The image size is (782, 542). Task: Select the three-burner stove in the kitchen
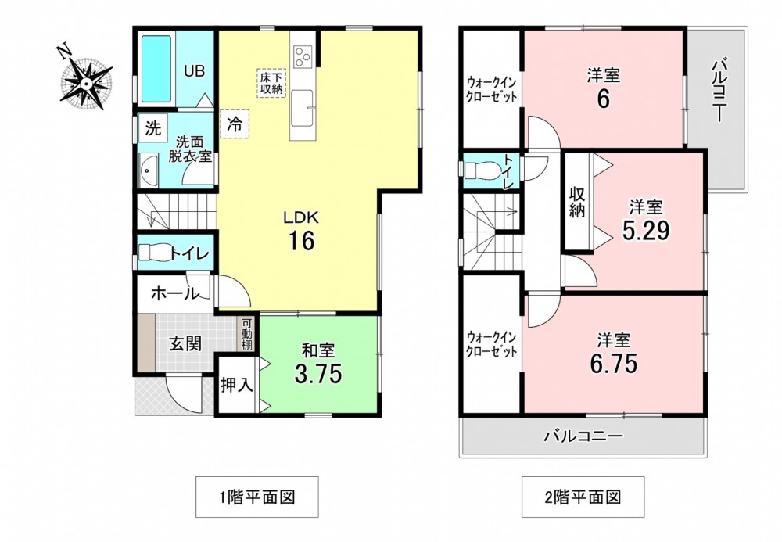click(303, 56)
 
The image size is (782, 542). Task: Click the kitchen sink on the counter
click(302, 107)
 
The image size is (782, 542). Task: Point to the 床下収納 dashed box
click(271, 83)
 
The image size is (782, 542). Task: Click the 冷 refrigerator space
click(235, 124)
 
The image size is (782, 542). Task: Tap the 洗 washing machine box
click(153, 128)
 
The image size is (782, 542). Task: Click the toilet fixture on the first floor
click(155, 253)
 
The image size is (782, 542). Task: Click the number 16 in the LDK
click(301, 241)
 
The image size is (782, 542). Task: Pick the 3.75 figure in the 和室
click(318, 373)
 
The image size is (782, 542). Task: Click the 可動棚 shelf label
click(247, 334)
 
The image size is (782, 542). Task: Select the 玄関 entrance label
click(185, 343)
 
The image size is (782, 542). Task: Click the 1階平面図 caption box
click(256, 497)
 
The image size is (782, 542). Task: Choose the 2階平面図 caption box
click(583, 497)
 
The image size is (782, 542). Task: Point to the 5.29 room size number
click(645, 230)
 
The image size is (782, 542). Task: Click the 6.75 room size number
click(613, 364)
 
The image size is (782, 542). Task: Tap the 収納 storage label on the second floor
click(577, 203)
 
